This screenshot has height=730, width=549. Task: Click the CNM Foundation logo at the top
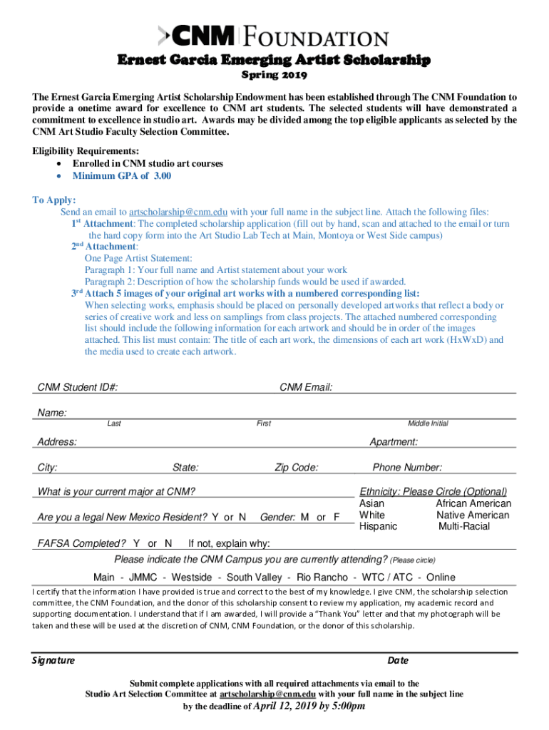tap(274, 36)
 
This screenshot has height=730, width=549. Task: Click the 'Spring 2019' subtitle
tap(274, 74)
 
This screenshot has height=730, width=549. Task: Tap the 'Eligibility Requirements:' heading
tap(86, 151)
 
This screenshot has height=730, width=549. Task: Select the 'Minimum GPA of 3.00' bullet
tap(122, 176)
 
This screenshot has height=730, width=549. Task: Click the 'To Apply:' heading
tap(54, 200)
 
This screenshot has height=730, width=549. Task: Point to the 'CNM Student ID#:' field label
tap(78, 387)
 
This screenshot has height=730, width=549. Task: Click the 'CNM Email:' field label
tap(306, 387)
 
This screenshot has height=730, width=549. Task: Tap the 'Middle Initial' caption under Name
tap(428, 423)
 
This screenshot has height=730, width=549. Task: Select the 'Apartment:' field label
tap(394, 442)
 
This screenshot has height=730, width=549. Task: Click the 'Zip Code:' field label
tap(297, 468)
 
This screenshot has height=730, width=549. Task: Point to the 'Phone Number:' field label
tap(407, 468)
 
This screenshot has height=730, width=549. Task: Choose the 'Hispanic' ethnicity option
tap(379, 526)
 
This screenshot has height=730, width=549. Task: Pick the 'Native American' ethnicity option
tap(473, 515)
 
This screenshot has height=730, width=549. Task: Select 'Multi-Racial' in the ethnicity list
tap(464, 526)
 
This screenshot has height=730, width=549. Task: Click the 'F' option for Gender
tap(337, 517)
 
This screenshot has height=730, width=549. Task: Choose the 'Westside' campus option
tap(192, 577)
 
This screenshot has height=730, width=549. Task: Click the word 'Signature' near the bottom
tap(53, 660)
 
